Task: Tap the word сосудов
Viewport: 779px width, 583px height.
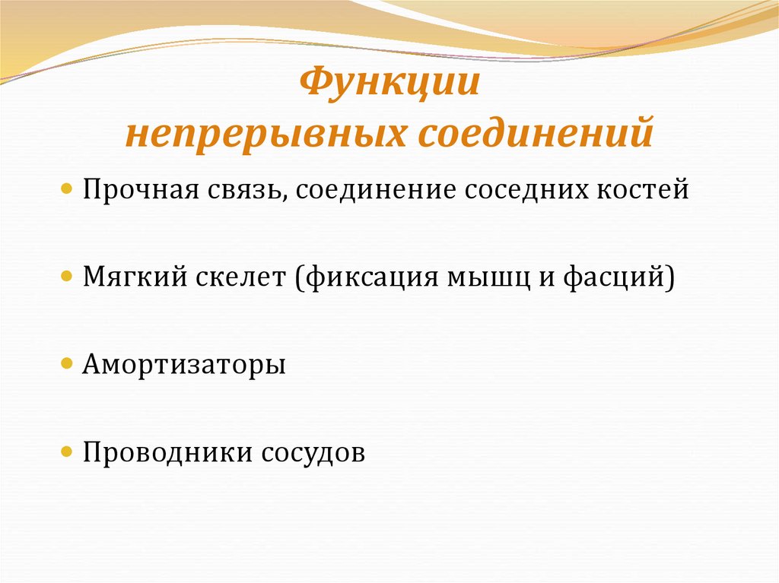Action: point(313,454)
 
